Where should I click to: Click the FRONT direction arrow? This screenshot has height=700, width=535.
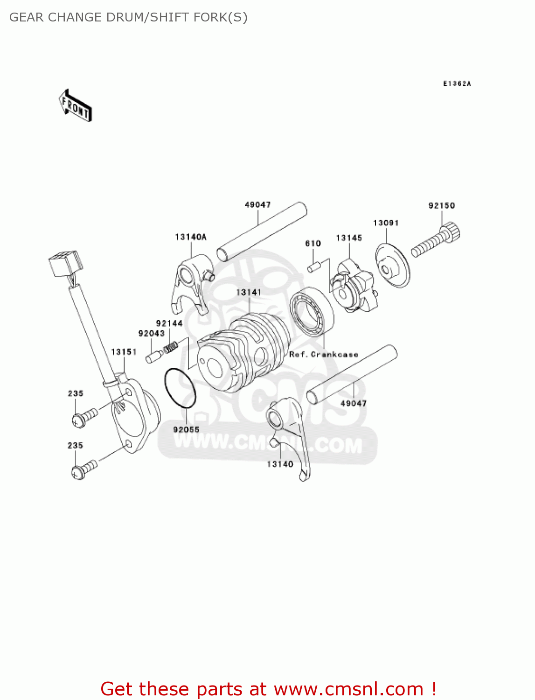tap(75, 106)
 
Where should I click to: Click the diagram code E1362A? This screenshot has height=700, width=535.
tap(457, 84)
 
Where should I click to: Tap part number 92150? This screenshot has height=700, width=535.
tap(441, 206)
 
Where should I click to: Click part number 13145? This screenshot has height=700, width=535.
tap(349, 238)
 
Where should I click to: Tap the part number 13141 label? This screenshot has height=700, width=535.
tap(249, 293)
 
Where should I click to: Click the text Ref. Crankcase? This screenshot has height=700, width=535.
tap(324, 355)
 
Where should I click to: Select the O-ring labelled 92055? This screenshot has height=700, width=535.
tap(180, 388)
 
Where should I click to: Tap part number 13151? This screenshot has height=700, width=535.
tap(124, 352)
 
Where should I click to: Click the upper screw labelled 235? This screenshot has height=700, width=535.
tap(85, 417)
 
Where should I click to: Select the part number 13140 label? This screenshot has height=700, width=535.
tap(280, 464)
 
